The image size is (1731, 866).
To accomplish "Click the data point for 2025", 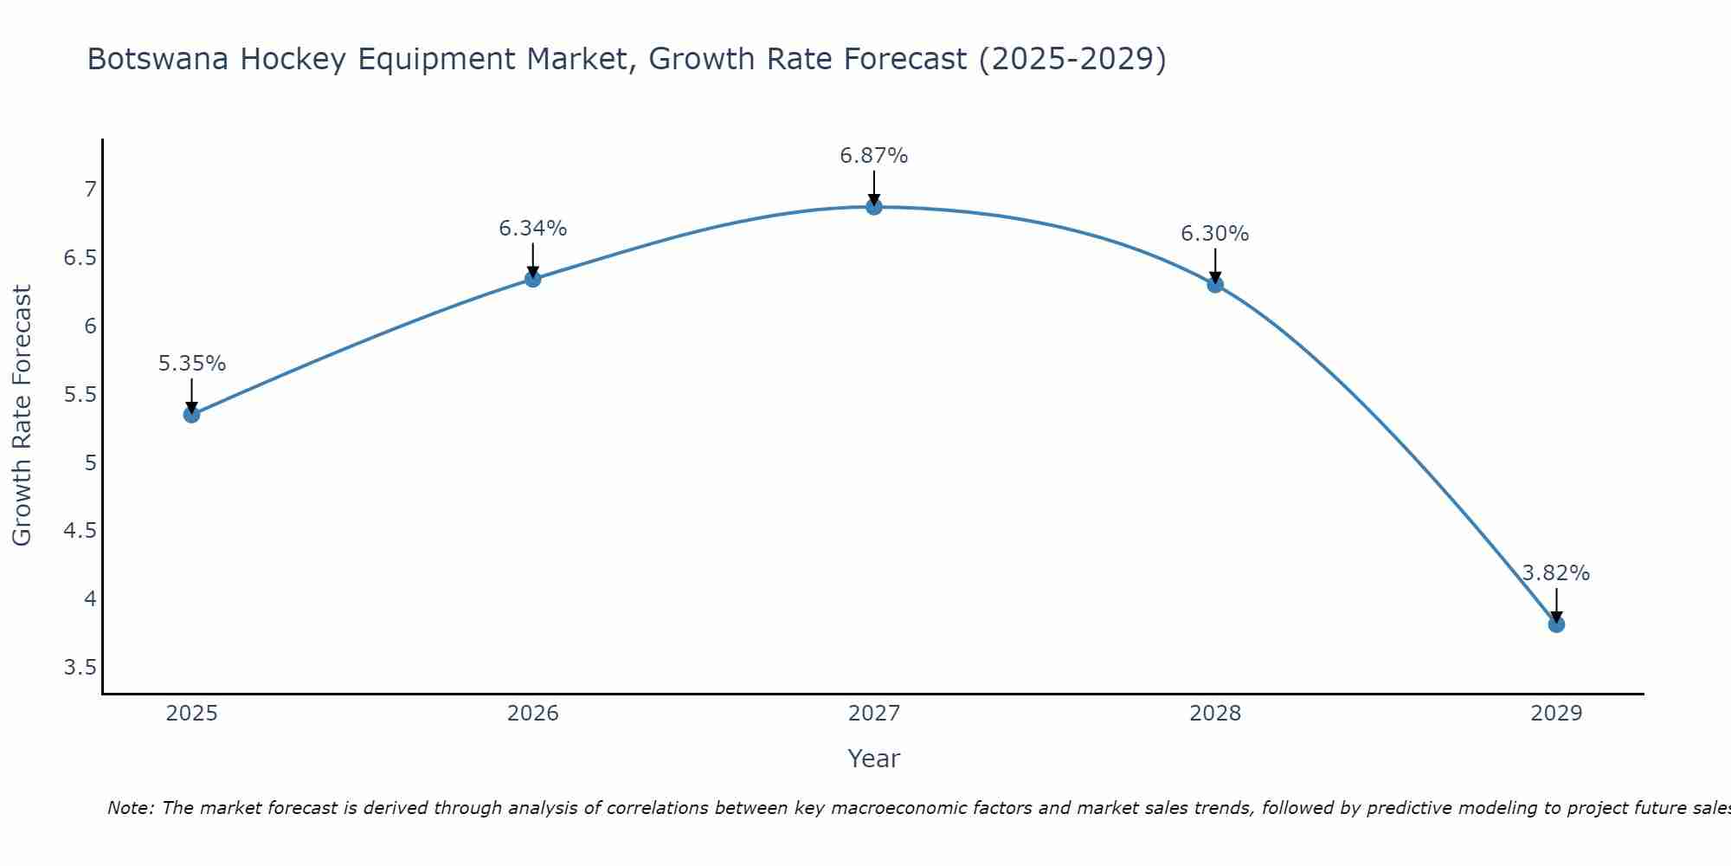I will tap(191, 415).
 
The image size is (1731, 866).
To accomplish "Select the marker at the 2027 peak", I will tap(874, 207).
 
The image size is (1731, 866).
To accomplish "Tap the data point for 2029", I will tap(1556, 624).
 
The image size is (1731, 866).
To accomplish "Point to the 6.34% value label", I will tap(532, 229).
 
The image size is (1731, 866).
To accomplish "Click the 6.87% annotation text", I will tap(873, 156).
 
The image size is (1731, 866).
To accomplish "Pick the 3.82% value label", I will tap(1555, 573).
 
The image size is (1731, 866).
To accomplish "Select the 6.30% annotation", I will tap(1214, 234).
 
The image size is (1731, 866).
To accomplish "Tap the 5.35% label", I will tap(191, 364).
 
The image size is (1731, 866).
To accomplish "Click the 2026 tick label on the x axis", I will tap(532, 714).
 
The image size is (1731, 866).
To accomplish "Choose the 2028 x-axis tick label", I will tap(1214, 714).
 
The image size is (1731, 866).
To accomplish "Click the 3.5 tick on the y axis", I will tap(80, 668).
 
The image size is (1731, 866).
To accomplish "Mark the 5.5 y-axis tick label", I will tap(80, 395).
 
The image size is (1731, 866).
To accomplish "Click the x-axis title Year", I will tap(873, 759).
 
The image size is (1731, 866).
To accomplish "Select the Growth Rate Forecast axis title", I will tap(22, 415).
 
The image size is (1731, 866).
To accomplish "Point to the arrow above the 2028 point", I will tap(1215, 265).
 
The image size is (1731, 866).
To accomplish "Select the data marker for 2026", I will tap(533, 279).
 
